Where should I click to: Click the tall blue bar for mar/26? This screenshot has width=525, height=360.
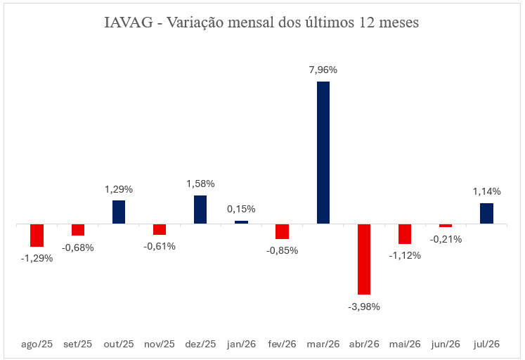[323, 153]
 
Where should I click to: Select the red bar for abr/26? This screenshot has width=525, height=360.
[364, 259]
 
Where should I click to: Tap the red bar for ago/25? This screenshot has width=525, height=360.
[37, 236]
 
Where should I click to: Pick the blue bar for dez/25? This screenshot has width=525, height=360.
[200, 210]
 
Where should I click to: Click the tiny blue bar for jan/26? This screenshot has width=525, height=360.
[241, 222]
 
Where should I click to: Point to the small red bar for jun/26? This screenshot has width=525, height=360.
[446, 226]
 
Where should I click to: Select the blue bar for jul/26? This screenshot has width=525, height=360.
[486, 213]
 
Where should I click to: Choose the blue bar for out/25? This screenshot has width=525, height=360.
[119, 212]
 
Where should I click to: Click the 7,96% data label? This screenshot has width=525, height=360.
[323, 70]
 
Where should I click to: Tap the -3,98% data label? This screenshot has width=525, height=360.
[364, 307]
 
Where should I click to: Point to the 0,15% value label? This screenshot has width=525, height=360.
[241, 210]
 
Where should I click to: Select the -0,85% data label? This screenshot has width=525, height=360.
[283, 250]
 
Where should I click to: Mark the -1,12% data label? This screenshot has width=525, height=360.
[405, 256]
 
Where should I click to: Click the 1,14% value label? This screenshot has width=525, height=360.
[486, 191]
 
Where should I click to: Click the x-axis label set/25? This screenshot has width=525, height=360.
[78, 345]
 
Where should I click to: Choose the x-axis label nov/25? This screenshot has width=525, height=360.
[160, 345]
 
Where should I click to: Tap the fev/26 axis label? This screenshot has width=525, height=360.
[283, 345]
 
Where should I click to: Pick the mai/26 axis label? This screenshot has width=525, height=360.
[405, 345]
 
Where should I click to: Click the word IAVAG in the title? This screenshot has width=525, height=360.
[129, 22]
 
